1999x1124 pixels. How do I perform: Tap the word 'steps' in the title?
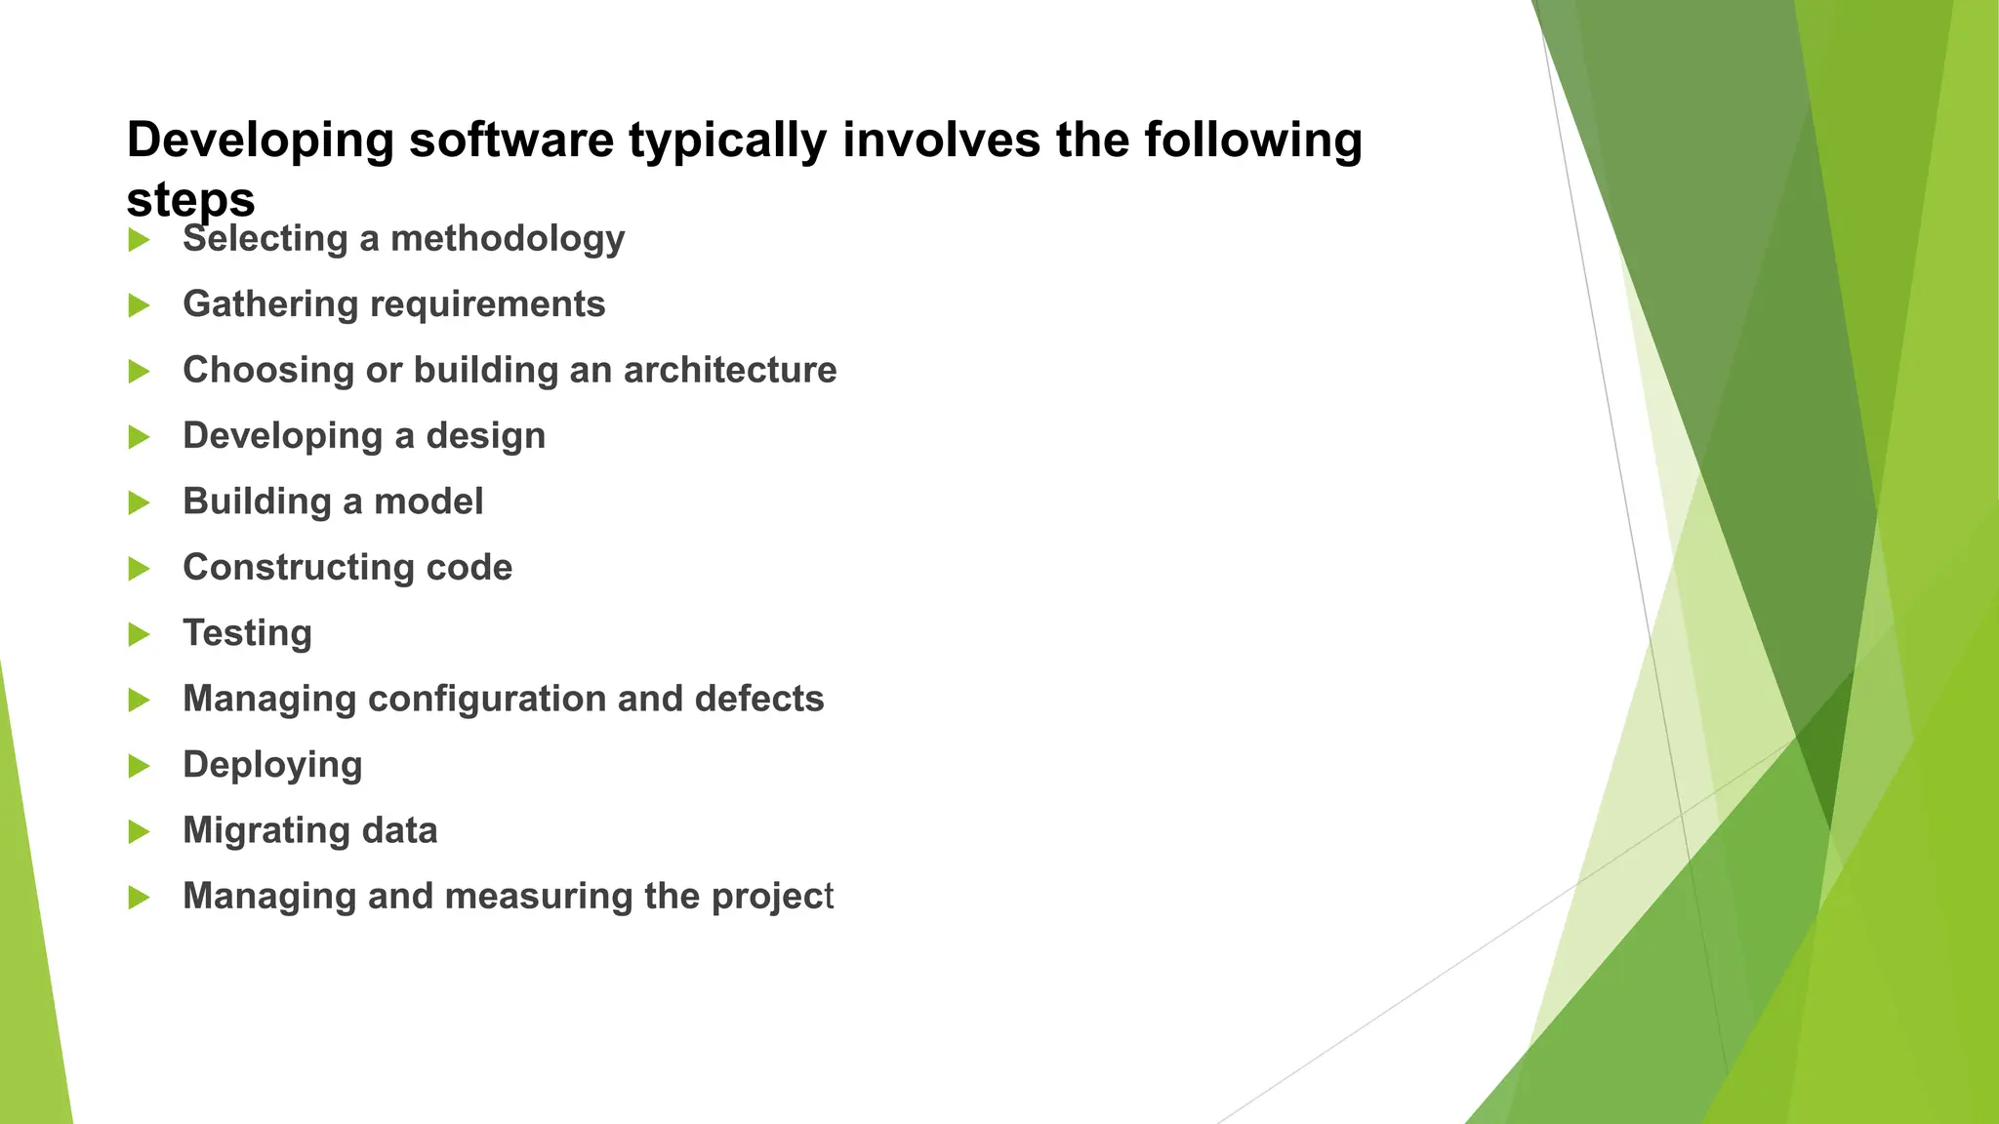tap(190, 200)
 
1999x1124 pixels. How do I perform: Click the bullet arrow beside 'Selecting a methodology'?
tap(139, 240)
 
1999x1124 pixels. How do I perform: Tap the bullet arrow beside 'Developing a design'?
tap(139, 437)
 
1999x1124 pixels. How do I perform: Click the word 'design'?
tap(485, 436)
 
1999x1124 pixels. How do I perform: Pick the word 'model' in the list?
tap(428, 502)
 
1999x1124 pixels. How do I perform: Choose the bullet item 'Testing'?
tap(247, 633)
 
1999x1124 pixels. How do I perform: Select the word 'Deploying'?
tap(272, 765)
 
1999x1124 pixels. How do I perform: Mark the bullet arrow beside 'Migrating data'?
tap(139, 832)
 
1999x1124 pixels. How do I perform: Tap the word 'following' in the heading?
tap(1252, 140)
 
